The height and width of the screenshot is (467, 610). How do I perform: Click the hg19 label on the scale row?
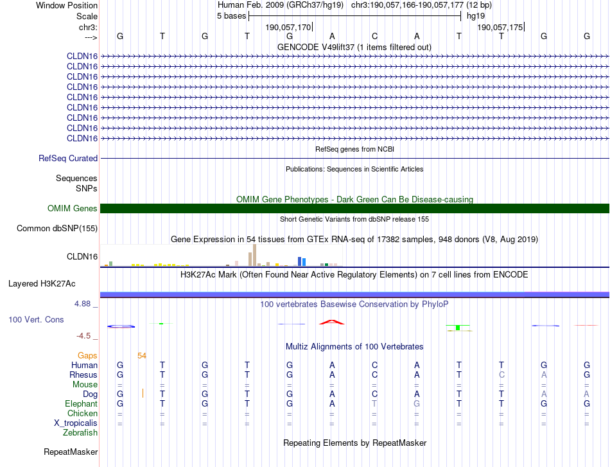click(476, 16)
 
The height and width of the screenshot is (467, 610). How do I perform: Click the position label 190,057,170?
click(288, 27)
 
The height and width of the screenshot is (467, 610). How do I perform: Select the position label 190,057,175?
click(500, 27)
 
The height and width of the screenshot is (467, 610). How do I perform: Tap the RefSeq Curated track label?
click(68, 158)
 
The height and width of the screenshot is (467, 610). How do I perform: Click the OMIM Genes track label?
click(72, 208)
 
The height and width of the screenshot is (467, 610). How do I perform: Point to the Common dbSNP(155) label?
click(57, 228)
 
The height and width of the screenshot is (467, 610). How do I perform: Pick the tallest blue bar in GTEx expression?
click(300, 261)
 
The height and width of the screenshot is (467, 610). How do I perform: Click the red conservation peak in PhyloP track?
click(331, 321)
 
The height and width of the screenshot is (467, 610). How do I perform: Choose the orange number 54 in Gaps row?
click(142, 355)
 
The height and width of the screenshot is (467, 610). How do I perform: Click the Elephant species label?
click(81, 403)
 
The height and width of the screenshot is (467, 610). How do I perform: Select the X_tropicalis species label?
click(76, 423)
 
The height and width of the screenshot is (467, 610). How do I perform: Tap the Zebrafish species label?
click(80, 433)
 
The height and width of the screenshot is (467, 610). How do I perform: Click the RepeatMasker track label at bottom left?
click(71, 452)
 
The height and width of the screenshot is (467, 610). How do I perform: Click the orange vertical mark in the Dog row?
click(143, 393)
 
